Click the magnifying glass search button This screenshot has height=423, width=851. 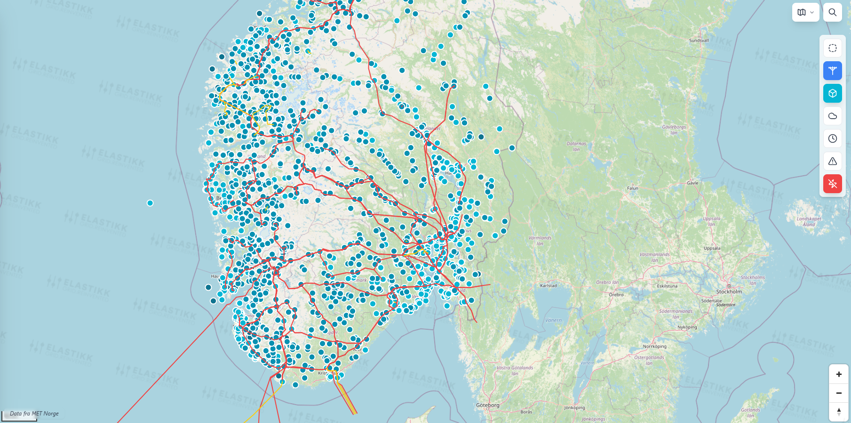(x=832, y=12)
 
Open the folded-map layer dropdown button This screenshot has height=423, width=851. (x=805, y=12)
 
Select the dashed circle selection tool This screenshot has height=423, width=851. (x=832, y=48)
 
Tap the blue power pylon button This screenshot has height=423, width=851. (x=832, y=71)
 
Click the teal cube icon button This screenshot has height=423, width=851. (x=832, y=93)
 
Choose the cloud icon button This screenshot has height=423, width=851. (x=832, y=116)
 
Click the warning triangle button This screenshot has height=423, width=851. (x=832, y=161)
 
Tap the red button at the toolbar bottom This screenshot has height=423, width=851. (x=832, y=184)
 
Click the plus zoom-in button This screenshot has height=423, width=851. (x=838, y=374)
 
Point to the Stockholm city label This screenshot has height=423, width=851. (x=729, y=292)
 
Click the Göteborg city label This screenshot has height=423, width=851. (x=488, y=405)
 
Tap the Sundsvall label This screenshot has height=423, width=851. (x=699, y=41)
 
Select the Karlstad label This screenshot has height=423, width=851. (x=548, y=285)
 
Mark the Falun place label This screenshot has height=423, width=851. (x=632, y=188)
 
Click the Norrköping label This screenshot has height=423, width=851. (x=654, y=346)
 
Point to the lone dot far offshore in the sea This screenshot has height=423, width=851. (x=150, y=203)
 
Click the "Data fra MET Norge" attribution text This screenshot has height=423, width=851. (x=34, y=414)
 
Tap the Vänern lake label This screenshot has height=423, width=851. (x=553, y=320)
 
